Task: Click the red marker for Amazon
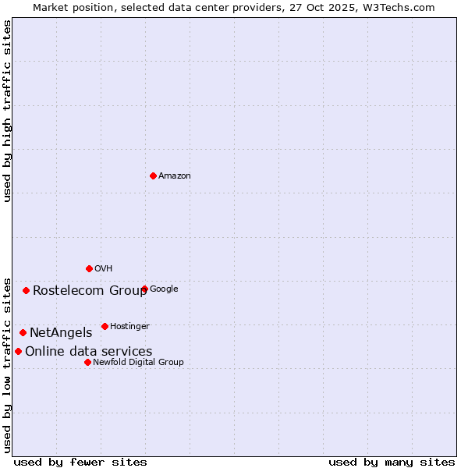pos(153,175)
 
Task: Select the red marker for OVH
pos(89,268)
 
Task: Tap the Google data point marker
pos(144,289)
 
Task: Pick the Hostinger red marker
pos(105,326)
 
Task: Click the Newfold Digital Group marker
pos(87,362)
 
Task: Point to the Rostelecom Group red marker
pos(26,290)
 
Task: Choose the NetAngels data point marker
pos(23,332)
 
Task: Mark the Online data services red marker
pos(18,351)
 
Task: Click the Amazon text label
pos(175,176)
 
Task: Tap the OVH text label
pos(104,269)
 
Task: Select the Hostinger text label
pos(129,327)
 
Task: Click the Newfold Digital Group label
pos(138,363)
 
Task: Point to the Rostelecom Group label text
pos(90,291)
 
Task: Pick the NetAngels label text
pos(61,333)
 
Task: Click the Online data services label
pos(88,352)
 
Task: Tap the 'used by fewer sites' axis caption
pos(80,462)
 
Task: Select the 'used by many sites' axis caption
pos(392,462)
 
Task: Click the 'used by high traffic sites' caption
pos(7,111)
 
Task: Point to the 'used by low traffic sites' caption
pos(7,364)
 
